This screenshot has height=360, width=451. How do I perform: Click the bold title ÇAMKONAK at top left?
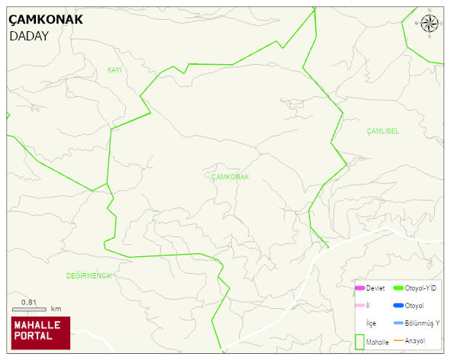point(46,20)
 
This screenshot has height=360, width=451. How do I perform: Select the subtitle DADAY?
point(29,36)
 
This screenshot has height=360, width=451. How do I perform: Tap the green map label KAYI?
point(114,70)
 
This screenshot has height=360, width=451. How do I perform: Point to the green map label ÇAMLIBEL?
point(382,131)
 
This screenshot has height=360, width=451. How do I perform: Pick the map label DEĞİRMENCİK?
point(89,275)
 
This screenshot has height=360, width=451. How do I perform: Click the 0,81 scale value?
point(29,302)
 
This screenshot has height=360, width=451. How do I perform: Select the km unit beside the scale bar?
point(56,309)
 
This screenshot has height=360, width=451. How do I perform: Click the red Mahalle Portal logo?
point(40,333)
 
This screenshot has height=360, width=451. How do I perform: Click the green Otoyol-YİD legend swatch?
point(398,288)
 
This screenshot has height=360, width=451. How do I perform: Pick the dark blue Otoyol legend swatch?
point(398,305)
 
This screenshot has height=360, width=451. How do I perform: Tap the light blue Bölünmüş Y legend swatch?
point(398,323)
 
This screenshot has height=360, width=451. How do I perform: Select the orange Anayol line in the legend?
point(398,340)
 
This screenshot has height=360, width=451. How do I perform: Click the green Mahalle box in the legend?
point(359,342)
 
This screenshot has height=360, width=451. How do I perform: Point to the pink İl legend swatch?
point(359,305)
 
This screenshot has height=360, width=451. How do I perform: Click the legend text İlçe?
point(371,323)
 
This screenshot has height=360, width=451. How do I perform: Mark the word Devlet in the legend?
point(375,288)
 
